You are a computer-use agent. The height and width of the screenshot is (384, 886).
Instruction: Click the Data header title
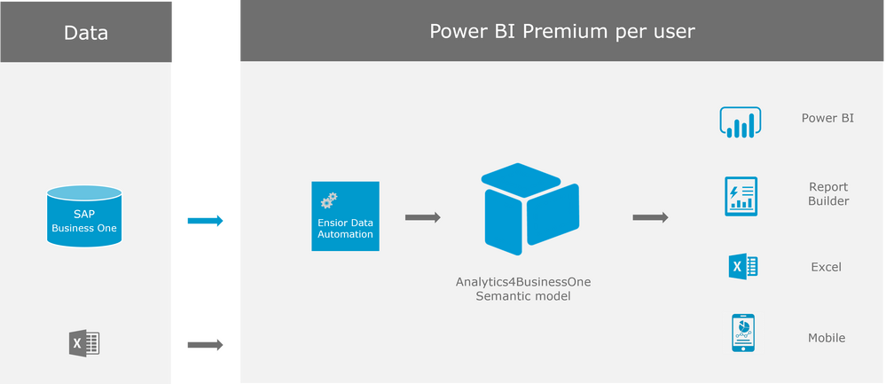86,34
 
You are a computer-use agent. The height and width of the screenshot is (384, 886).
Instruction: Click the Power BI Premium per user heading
562,32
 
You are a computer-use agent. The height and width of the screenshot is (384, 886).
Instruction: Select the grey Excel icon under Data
83,343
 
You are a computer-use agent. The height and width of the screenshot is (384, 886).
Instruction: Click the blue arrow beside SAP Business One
206,221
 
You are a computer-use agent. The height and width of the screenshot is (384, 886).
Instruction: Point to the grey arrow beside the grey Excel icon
206,345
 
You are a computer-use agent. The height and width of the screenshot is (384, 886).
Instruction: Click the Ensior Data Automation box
345,216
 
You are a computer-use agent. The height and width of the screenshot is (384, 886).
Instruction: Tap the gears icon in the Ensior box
330,199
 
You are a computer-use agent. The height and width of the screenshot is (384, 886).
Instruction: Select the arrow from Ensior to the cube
423,217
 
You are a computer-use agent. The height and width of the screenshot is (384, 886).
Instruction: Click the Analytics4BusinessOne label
523,282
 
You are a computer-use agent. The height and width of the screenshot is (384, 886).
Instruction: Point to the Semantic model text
523,297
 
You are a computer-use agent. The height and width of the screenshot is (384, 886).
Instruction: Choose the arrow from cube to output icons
650,217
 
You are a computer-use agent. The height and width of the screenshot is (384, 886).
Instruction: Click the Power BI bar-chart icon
740,123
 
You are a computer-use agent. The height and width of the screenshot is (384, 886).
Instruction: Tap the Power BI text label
827,118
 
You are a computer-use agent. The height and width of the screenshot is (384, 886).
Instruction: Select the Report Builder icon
740,196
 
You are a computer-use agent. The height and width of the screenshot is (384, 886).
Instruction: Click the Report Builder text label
827,194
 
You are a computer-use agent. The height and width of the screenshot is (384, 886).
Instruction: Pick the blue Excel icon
742,266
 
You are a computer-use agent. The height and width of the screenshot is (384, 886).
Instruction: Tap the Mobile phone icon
742,333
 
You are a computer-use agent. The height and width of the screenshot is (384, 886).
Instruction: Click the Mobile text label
826,338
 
